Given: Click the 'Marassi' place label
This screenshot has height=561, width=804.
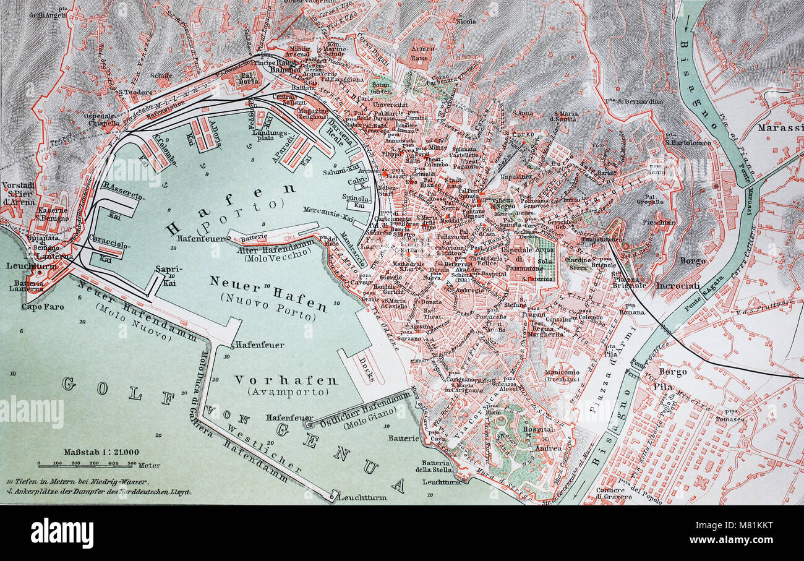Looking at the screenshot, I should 780,129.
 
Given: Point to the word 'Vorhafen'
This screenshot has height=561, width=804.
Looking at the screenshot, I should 285,380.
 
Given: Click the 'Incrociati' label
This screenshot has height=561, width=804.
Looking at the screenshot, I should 678,286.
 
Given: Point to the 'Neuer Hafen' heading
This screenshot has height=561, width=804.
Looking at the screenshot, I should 268,293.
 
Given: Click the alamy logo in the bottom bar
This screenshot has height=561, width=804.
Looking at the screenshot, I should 62,533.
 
